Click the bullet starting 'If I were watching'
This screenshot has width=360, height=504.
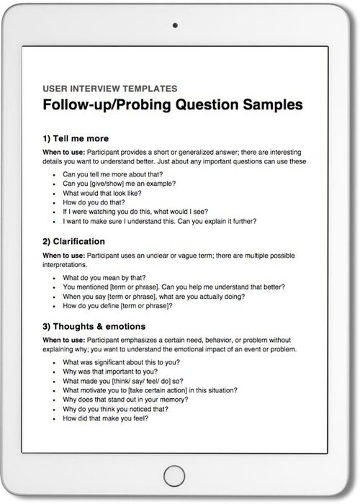(135, 212)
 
